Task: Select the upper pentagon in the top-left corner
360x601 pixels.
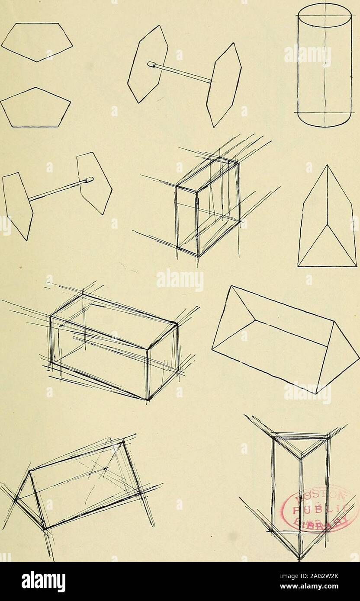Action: click(x=37, y=41)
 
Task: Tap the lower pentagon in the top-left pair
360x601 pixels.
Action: click(x=35, y=108)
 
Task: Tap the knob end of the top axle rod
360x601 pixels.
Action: click(x=151, y=65)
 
